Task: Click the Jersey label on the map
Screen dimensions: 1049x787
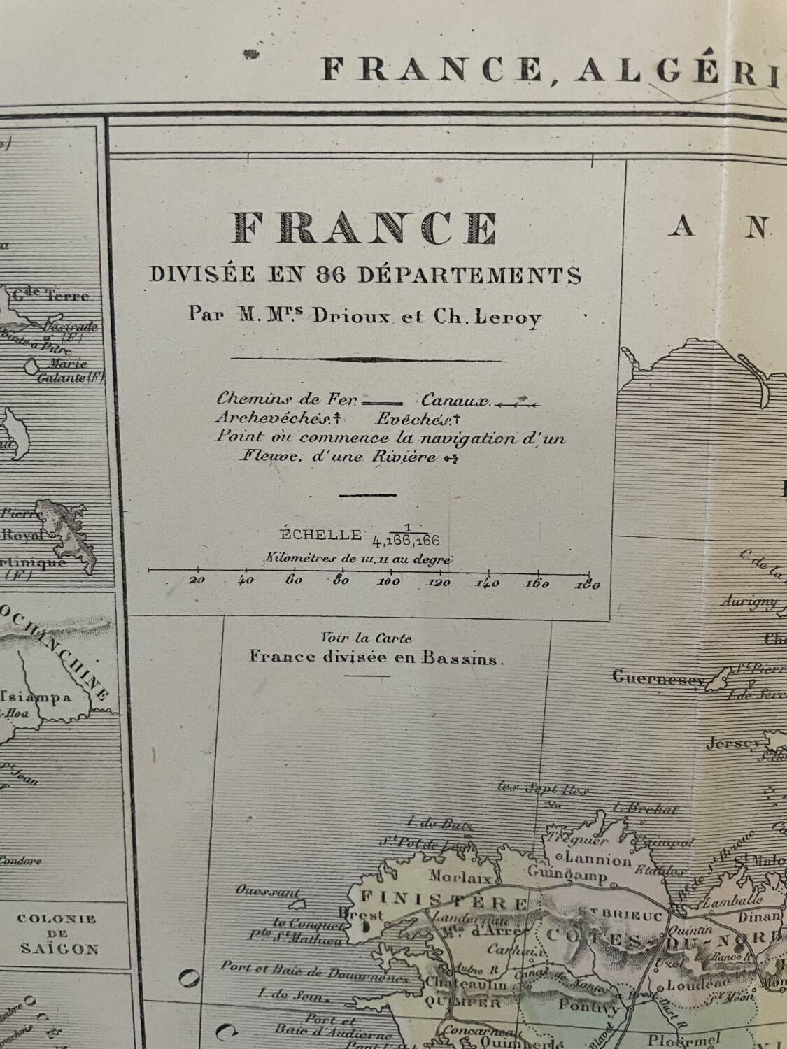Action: [732, 744]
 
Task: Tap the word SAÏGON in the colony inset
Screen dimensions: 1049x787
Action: [59, 949]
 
